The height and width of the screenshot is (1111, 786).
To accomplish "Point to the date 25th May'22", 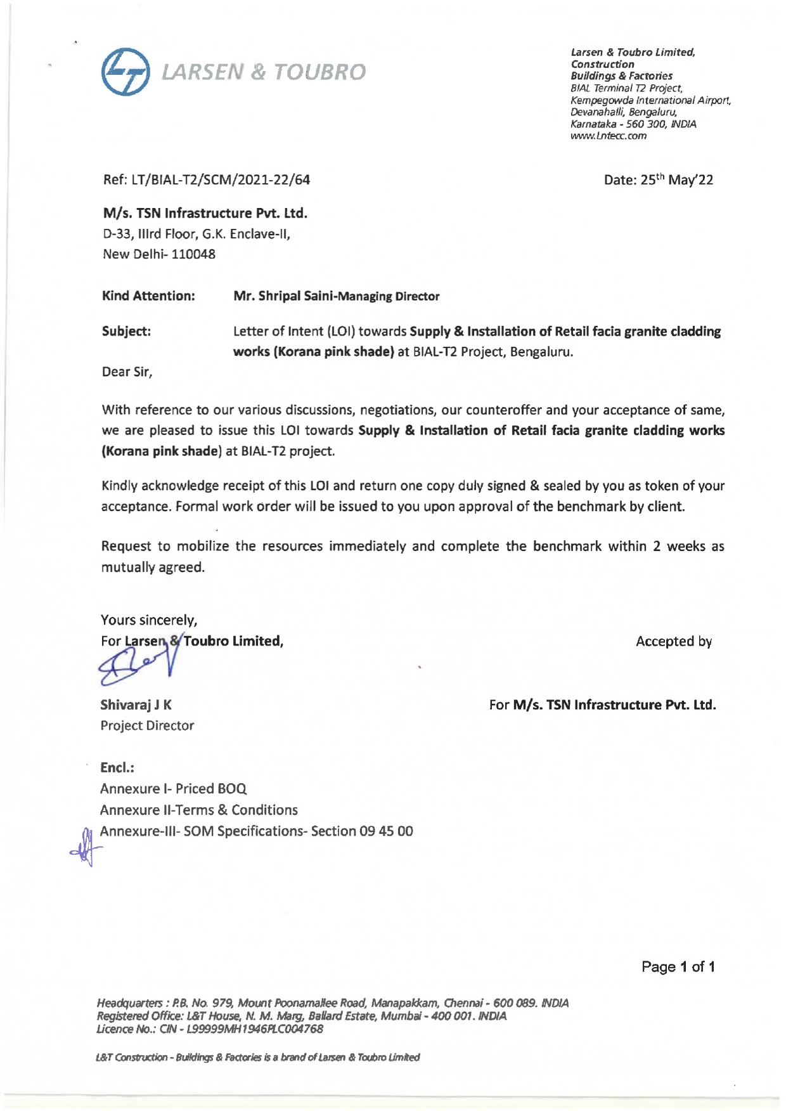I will click(x=676, y=180).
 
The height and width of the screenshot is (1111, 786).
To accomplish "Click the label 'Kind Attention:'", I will click(x=148, y=296).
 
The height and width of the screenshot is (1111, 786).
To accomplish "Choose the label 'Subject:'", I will click(x=126, y=332).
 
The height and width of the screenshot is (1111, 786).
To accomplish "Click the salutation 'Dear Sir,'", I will click(x=127, y=372).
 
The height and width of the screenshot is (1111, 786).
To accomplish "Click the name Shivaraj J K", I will click(x=136, y=705).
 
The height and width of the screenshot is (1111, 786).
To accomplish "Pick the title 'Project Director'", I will click(x=147, y=725).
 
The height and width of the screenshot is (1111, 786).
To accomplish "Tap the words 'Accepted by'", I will click(x=673, y=642).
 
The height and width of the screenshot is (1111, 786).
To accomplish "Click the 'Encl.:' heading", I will click(x=117, y=767).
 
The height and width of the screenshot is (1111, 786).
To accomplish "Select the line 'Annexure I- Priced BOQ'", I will click(x=173, y=789).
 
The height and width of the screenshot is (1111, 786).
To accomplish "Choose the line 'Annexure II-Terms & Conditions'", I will click(x=198, y=810).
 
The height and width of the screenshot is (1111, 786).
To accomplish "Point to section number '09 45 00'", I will click(x=386, y=831).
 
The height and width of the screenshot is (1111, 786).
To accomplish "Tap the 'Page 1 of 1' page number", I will click(x=678, y=966).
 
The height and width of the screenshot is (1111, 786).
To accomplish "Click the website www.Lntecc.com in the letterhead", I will click(x=608, y=136).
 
